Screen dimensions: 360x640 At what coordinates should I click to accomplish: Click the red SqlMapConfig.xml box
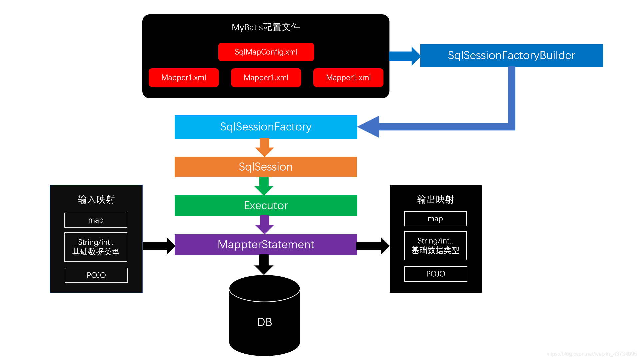click(266, 52)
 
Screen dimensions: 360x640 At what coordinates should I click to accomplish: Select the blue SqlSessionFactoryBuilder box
click(511, 55)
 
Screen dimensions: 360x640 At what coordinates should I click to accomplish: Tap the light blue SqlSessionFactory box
click(266, 127)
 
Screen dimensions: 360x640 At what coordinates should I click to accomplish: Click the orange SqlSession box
click(266, 167)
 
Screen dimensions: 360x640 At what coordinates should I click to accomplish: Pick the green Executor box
click(266, 205)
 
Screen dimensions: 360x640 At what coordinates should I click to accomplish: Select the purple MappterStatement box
click(266, 244)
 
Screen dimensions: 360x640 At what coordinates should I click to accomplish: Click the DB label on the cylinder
click(264, 322)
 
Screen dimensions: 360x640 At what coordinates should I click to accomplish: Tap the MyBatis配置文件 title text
click(266, 27)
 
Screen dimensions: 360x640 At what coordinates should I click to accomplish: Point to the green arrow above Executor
click(264, 186)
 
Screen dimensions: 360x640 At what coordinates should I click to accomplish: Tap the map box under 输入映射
click(96, 220)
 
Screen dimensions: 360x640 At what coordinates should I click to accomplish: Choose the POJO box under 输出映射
click(436, 274)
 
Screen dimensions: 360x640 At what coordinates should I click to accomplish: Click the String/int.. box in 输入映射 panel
click(96, 247)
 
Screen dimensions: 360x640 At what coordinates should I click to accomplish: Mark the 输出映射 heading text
click(435, 199)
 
